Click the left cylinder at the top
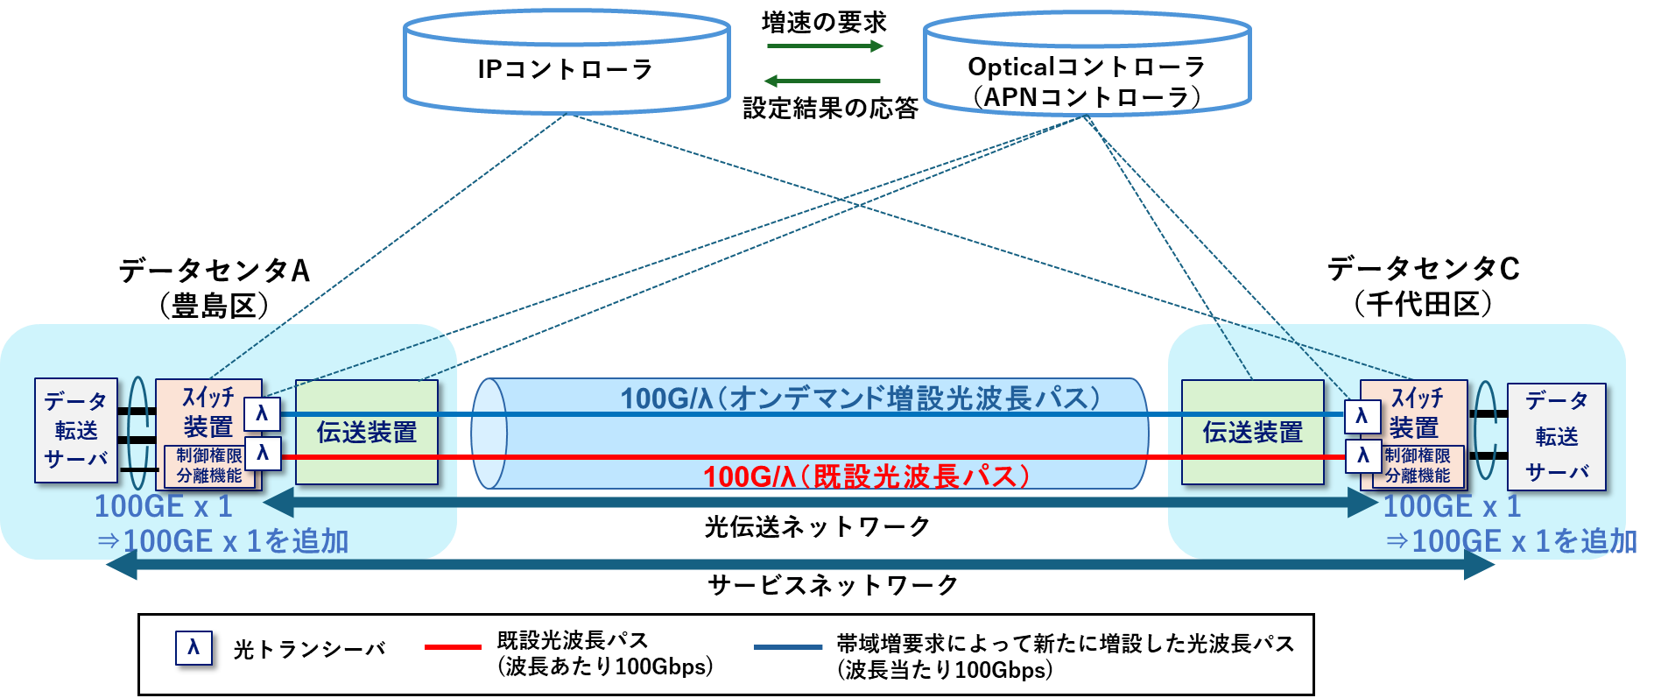coord(567,63)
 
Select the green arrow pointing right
coord(825,46)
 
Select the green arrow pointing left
coord(822,81)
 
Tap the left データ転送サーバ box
coord(75,430)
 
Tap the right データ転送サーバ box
coord(1556,436)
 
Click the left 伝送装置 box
coord(366,432)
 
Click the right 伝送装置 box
coord(1252,432)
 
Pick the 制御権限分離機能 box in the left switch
coord(209,466)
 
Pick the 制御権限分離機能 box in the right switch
coord(1417,466)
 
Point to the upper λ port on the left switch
coord(262,414)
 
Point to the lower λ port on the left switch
coord(263,454)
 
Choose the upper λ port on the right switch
coord(1362,416)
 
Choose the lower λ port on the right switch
coord(1362,455)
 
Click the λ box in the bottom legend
coord(194,648)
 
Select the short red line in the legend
coord(453,647)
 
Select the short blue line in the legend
coord(788,647)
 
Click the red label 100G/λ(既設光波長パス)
coord(866,476)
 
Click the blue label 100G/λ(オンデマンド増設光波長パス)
coord(860,398)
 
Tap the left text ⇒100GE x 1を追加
coord(224,541)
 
